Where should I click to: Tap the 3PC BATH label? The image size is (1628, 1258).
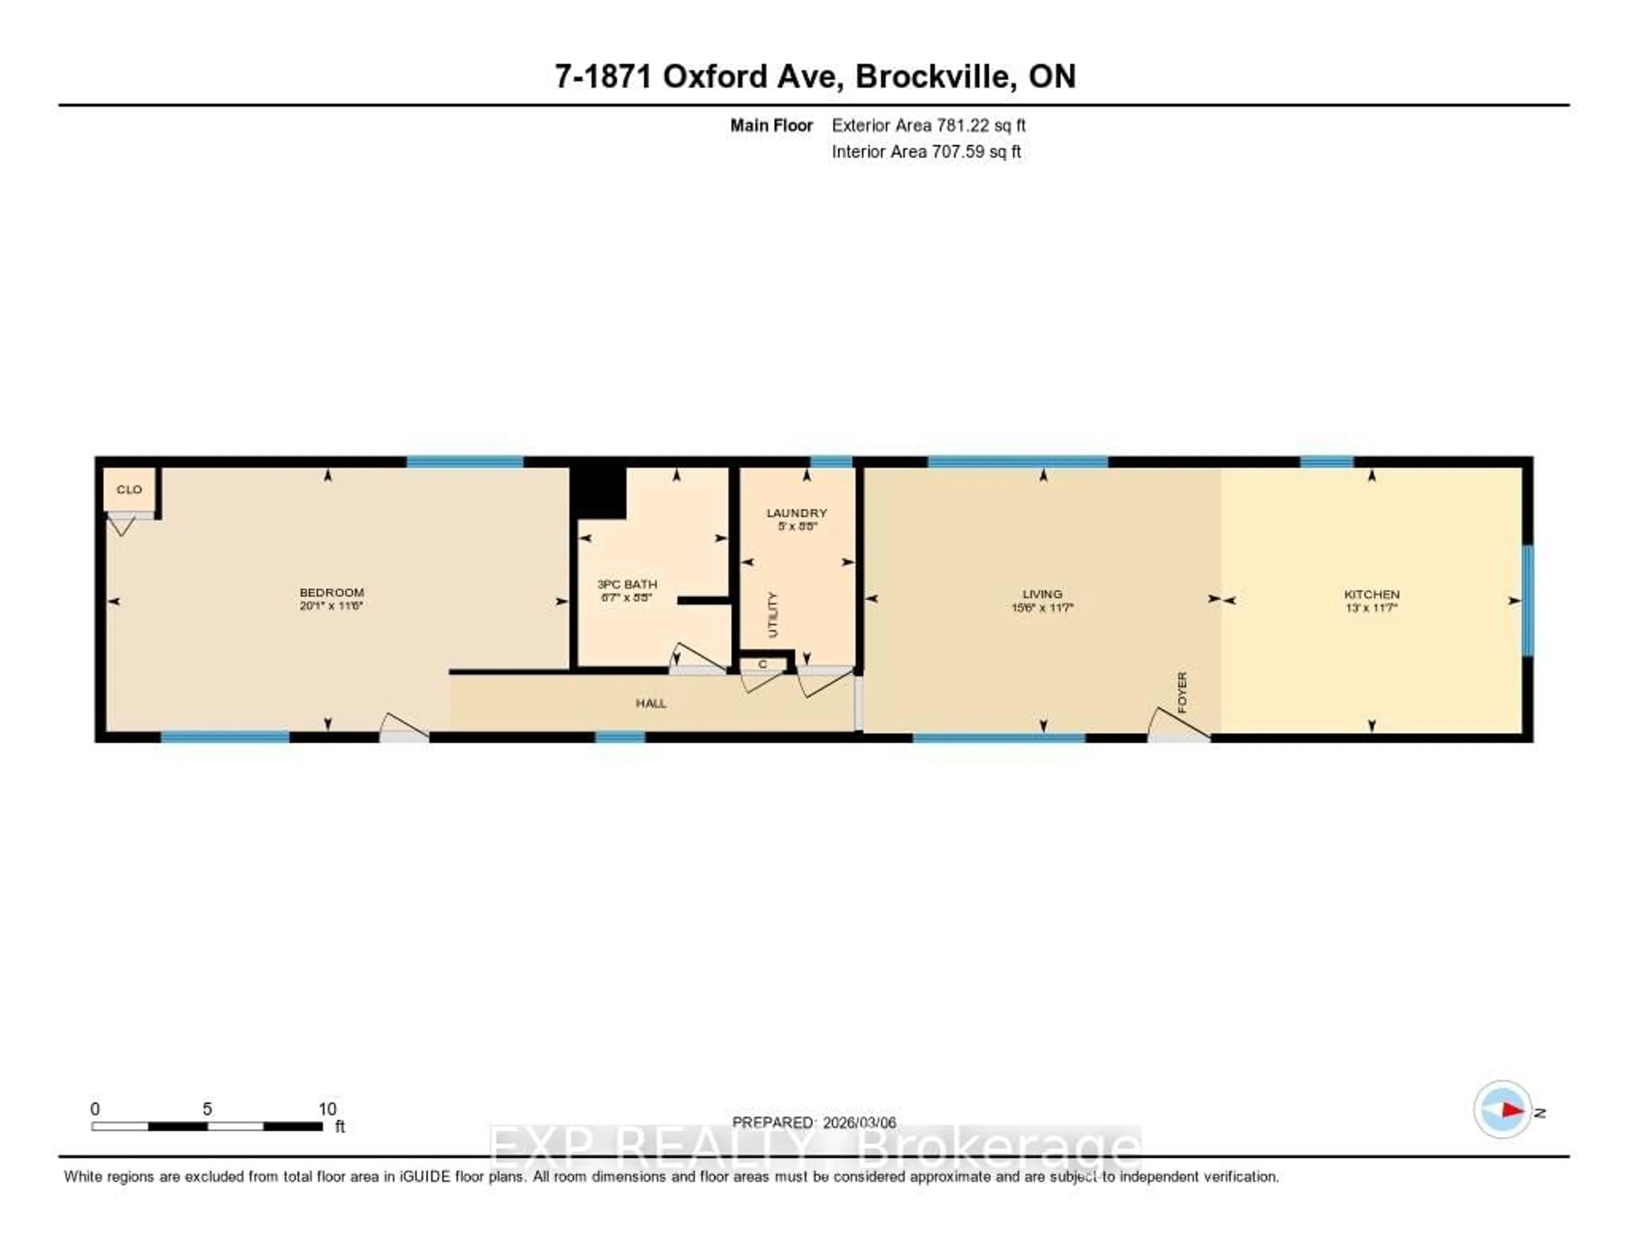[x=627, y=584]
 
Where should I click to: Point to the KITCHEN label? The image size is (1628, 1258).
[x=1372, y=594]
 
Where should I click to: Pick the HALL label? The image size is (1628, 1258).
[x=651, y=703]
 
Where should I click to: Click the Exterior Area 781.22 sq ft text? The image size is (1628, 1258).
[x=928, y=125]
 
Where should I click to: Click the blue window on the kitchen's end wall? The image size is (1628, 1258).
[x=1528, y=600]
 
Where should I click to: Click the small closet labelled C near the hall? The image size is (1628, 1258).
[x=763, y=664]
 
